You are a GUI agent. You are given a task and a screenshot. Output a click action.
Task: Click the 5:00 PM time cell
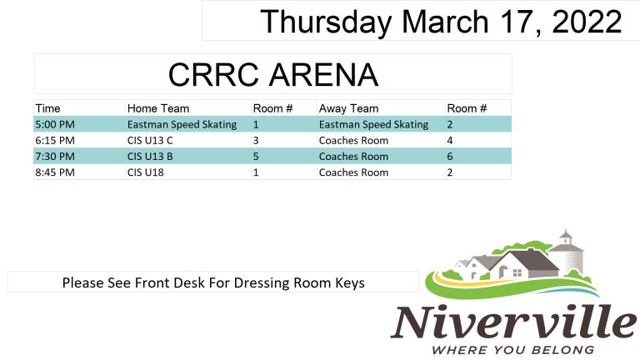pos(55,124)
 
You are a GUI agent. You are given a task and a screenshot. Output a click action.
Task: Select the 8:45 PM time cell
pos(55,172)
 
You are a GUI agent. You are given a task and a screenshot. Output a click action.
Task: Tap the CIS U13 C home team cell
pos(150,140)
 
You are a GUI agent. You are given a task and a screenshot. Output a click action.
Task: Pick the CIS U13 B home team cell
pos(150,157)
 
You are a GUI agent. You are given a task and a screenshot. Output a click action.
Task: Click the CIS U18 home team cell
pos(145,172)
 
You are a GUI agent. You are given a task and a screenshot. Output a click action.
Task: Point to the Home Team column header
pos(158,108)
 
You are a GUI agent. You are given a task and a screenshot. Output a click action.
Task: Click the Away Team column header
pos(348,108)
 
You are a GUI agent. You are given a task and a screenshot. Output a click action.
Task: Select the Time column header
pos(47,108)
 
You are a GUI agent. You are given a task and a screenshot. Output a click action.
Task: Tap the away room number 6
pos(450,157)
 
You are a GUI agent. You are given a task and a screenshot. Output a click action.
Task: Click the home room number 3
pos(256,140)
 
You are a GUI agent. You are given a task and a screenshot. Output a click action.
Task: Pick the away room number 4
pos(450,140)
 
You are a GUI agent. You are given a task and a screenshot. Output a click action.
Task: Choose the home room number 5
pos(256,157)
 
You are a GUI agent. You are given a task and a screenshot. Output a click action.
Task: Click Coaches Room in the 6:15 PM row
pos(353,140)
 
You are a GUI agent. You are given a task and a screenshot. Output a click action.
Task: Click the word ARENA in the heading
pos(323,75)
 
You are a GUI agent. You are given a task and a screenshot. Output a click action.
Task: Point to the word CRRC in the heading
pos(213,75)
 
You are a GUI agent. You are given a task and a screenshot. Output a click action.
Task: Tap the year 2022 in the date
pos(587,21)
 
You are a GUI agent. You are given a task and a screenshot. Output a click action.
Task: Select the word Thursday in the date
pos(326,22)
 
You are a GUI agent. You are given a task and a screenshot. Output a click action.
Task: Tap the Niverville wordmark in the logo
pos(514,322)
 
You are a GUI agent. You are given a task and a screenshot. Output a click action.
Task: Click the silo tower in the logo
pos(567,254)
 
